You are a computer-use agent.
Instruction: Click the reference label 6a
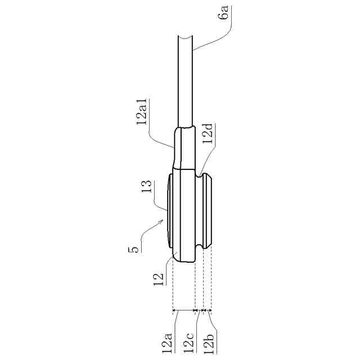coord(225,12)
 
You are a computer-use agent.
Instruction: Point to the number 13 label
coord(146,186)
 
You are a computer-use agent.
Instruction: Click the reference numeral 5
coord(133,249)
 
